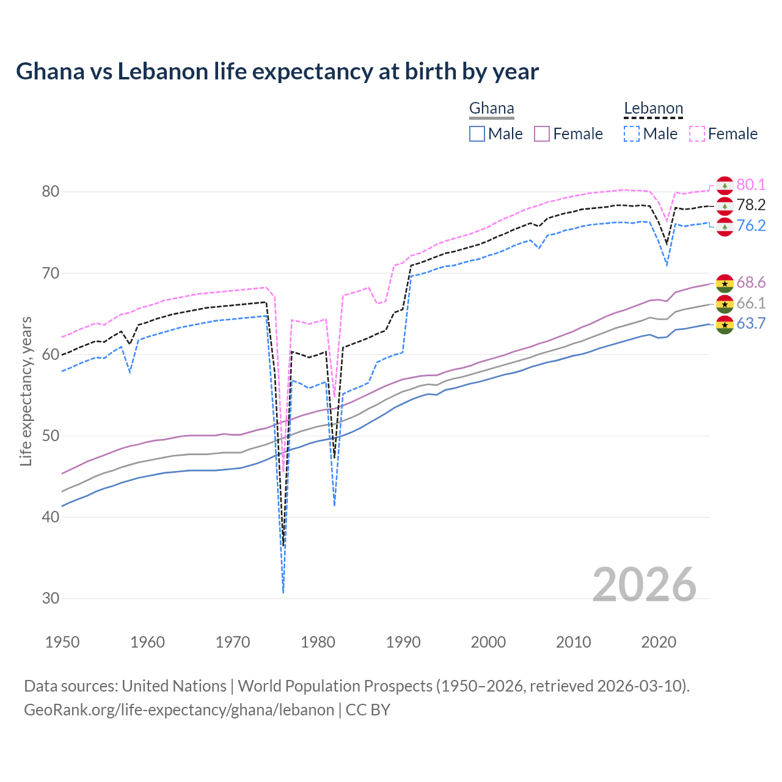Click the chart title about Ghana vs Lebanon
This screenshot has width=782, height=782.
pyautogui.click(x=277, y=71)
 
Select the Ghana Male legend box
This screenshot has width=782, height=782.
pyautogui.click(x=477, y=134)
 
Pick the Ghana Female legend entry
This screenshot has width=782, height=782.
pyautogui.click(x=568, y=134)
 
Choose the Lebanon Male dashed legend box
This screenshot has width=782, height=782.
pyautogui.click(x=632, y=134)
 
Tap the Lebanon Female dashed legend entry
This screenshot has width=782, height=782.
pyautogui.click(x=723, y=134)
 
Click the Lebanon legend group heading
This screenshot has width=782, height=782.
pyautogui.click(x=653, y=109)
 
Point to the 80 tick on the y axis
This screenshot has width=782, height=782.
pyautogui.click(x=50, y=192)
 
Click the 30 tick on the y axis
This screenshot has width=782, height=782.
pyautogui.click(x=50, y=599)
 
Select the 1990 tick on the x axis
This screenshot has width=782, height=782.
pyautogui.click(x=403, y=642)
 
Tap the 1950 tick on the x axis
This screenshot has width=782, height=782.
pyautogui.click(x=62, y=642)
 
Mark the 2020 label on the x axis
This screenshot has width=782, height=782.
pyautogui.click(x=659, y=642)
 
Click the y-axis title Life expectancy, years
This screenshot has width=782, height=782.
pyautogui.click(x=26, y=391)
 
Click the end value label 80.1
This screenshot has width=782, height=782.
pyautogui.click(x=751, y=185)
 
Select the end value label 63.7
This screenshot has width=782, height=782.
pyautogui.click(x=751, y=324)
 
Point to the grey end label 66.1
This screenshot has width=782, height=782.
pyautogui.click(x=751, y=304)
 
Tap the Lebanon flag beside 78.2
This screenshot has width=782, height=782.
pyautogui.click(x=725, y=206)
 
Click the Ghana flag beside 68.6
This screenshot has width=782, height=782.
pyautogui.click(x=725, y=283)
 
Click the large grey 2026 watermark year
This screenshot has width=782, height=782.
pyautogui.click(x=645, y=585)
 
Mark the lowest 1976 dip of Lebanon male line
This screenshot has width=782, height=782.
pyautogui.click(x=283, y=592)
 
